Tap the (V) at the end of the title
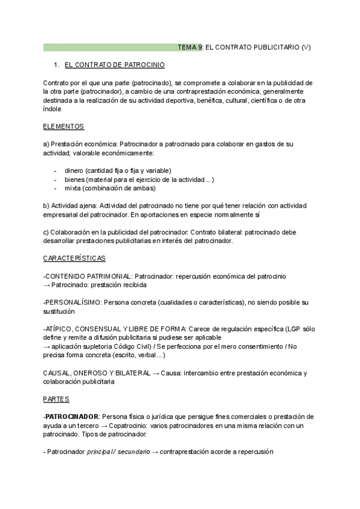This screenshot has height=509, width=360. [307, 47]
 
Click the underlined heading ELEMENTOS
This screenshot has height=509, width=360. [64, 127]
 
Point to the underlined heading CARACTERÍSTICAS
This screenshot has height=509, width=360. [74, 258]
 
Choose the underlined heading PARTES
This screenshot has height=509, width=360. [56, 399]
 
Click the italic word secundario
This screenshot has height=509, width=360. [134, 451]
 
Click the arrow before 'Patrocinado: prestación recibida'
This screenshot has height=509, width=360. [47, 285]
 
